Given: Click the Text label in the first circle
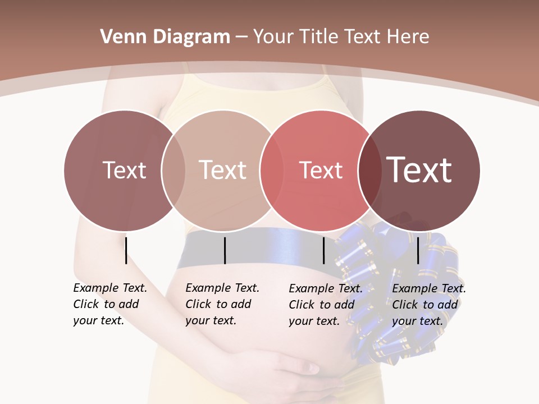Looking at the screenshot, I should tap(124, 170).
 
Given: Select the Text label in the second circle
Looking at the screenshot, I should tap(223, 170).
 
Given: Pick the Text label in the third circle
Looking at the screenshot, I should tap(321, 170).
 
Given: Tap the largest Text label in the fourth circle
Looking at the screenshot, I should tap(419, 170).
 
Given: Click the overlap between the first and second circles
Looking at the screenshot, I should tap(173, 170).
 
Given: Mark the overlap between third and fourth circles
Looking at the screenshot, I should tap(369, 170).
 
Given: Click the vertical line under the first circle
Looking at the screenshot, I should tap(126, 250).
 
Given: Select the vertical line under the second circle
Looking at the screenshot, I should tap(225, 250).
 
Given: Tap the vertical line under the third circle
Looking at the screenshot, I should tap(324, 250).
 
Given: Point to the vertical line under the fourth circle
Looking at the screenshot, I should tap(418, 250).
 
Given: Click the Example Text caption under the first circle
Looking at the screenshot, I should tap(110, 304).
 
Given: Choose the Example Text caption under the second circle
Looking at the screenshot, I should tap(222, 304).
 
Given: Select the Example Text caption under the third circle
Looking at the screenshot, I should tap(326, 305).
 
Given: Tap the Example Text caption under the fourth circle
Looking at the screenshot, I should tap(429, 305).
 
